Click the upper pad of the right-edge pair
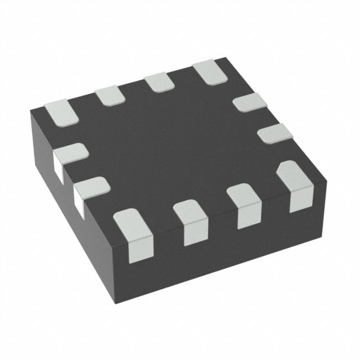(249, 102)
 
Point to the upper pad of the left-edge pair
(70, 152)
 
